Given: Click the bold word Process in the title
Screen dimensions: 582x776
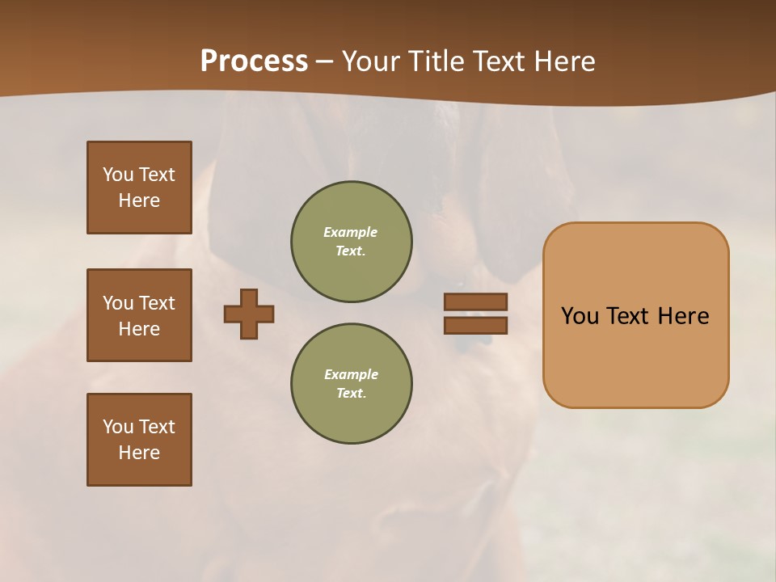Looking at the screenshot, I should pyautogui.click(x=254, y=61).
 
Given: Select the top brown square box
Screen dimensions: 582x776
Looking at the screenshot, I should pyautogui.click(x=139, y=188).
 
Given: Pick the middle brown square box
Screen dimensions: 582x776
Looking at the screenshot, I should pyautogui.click(x=139, y=315).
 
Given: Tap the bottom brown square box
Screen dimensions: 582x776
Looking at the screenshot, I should pyautogui.click(x=139, y=440).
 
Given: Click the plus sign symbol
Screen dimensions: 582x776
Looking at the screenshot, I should pyautogui.click(x=249, y=314).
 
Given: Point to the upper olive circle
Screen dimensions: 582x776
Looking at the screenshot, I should pyautogui.click(x=352, y=242).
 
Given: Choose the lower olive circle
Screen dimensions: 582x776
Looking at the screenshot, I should pyautogui.click(x=352, y=384).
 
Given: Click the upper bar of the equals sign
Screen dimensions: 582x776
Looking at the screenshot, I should pyautogui.click(x=475, y=302).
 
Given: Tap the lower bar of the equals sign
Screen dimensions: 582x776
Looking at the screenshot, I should pyautogui.click(x=475, y=325).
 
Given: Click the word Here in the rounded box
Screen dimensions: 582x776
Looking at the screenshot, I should pyautogui.click(x=683, y=315).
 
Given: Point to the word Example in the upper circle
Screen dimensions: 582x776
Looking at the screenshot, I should pyautogui.click(x=350, y=232).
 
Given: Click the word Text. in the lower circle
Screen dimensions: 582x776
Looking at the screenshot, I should pyautogui.click(x=351, y=394).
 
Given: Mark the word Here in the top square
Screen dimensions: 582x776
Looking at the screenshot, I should pyautogui.click(x=139, y=200).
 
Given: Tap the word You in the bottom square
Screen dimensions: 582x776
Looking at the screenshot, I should pyautogui.click(x=118, y=427).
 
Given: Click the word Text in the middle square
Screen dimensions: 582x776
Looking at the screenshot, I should pyautogui.click(x=157, y=303).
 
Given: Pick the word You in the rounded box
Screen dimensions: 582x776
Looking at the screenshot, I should pyautogui.click(x=580, y=315).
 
